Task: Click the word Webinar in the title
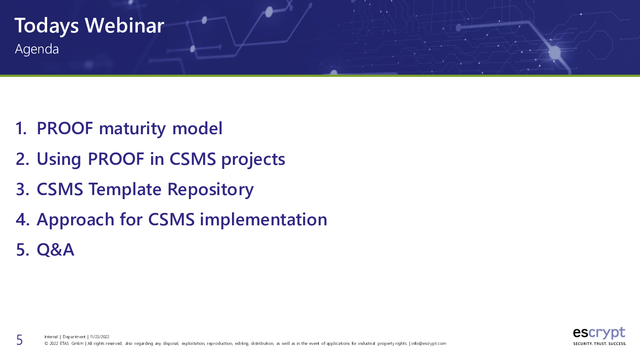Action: [x=124, y=25]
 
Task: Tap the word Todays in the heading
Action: [x=47, y=26]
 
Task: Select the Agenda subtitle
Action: [x=37, y=49]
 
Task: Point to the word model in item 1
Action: [x=197, y=128]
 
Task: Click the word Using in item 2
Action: [x=59, y=160]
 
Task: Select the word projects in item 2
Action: [x=253, y=160]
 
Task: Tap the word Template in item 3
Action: [x=125, y=190]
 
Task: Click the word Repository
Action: [x=210, y=190]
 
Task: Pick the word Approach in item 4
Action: [x=76, y=220]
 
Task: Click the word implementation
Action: [x=264, y=220]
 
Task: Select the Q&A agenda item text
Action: [x=56, y=250]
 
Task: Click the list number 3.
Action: [x=23, y=189]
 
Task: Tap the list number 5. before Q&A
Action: [x=23, y=250]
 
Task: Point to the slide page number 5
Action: [x=20, y=340]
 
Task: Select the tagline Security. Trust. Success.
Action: [x=600, y=344]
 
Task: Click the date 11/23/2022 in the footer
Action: [x=100, y=337]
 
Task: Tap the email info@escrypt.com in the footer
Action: [x=428, y=344]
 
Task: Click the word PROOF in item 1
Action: [x=65, y=128]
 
